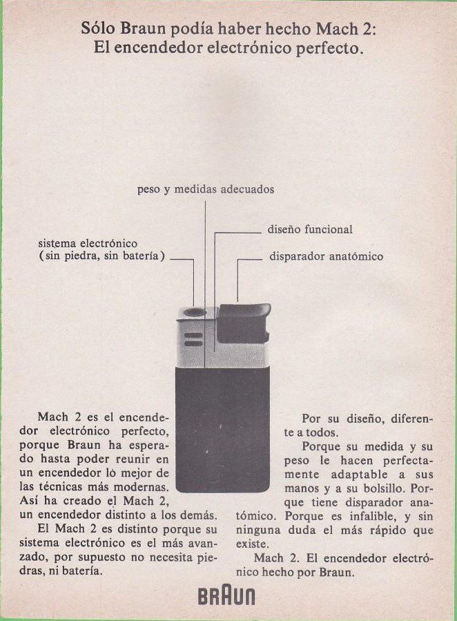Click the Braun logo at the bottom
tap(226, 595)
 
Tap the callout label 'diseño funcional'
tap(309, 229)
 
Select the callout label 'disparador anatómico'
tap(326, 256)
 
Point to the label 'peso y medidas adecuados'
tap(205, 189)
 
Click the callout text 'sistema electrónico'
tap(88, 243)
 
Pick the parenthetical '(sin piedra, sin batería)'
tap(101, 256)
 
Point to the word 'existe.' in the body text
tap(251, 544)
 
